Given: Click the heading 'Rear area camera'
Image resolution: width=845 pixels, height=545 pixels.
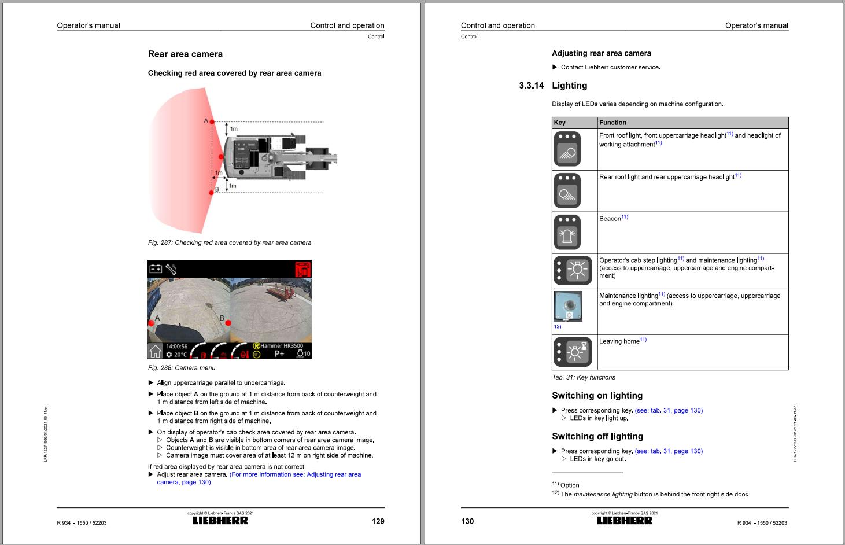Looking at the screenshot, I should point(185,54).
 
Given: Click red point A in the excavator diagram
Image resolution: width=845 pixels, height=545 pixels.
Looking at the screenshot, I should point(212,122).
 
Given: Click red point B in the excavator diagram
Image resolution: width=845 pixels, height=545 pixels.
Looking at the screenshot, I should point(212,192).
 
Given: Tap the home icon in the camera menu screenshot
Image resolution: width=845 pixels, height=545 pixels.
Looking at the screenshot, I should point(156,351).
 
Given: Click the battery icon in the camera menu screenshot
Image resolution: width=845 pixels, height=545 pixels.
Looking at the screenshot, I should point(156,268).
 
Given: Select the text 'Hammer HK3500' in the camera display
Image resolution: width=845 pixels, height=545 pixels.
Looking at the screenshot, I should point(282,346).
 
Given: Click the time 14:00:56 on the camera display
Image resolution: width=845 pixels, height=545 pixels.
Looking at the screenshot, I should point(176,347).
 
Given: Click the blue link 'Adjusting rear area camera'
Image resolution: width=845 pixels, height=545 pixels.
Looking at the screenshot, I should point(295,474).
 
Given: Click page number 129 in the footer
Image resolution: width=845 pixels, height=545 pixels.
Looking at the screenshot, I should point(378,521).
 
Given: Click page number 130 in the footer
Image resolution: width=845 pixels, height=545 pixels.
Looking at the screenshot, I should point(467,521).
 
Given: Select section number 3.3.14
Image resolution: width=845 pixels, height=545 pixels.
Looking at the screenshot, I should point(531,86).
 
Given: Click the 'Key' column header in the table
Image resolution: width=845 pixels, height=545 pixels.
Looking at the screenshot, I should point(560,123).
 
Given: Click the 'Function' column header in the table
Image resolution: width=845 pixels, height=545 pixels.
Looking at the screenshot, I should point(612,123).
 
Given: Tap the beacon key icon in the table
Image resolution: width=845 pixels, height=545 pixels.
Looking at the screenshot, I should point(567,232).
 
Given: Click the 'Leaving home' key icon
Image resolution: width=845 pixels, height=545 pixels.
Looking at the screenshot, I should point(573,352).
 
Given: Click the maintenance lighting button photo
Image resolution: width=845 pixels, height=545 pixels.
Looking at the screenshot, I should point(567,306).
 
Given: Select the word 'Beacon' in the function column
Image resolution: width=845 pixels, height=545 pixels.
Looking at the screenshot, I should point(610,219).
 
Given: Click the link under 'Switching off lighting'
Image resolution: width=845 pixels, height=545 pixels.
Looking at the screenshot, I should point(669,451).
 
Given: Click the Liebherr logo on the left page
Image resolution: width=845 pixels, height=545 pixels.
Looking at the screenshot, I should point(220,521).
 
